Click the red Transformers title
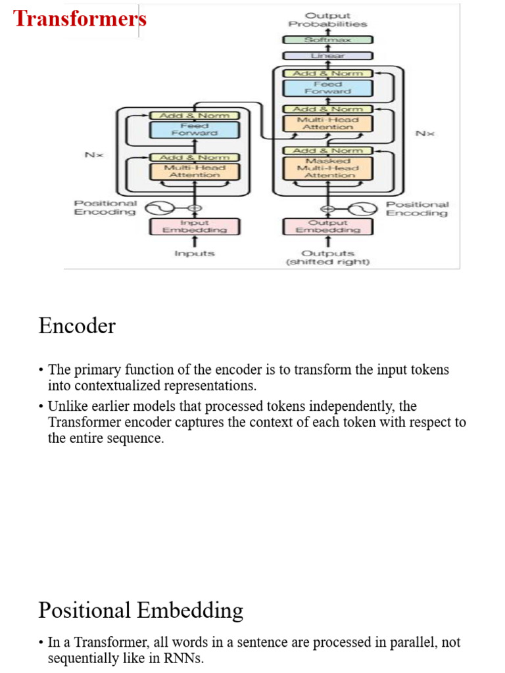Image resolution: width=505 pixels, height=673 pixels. pyautogui.click(x=80, y=18)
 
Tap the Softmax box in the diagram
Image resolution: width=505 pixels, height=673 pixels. pyautogui.click(x=327, y=40)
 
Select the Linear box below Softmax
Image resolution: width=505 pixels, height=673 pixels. pyautogui.click(x=327, y=57)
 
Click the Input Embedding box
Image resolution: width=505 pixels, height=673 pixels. pyautogui.click(x=194, y=227)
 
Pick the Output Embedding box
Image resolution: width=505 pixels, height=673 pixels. pyautogui.click(x=327, y=227)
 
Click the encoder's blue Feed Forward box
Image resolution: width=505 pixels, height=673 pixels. pyautogui.click(x=194, y=129)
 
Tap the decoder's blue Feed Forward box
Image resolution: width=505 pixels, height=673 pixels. pyautogui.click(x=327, y=88)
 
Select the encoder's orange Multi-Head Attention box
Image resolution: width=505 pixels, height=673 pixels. pyautogui.click(x=194, y=172)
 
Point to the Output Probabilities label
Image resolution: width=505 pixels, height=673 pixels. pyautogui.click(x=327, y=20)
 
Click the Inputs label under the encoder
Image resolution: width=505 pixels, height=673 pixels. pyautogui.click(x=194, y=254)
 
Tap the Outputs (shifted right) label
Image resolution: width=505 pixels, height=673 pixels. pyautogui.click(x=327, y=258)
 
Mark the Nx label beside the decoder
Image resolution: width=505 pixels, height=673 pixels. pyautogui.click(x=424, y=133)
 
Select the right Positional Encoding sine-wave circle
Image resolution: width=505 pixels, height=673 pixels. pyautogui.click(x=361, y=209)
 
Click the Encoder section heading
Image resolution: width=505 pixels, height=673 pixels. pyautogui.click(x=77, y=326)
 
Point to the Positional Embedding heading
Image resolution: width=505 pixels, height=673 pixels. pyautogui.click(x=141, y=611)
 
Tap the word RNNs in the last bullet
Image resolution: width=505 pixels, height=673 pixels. pyautogui.click(x=185, y=659)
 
